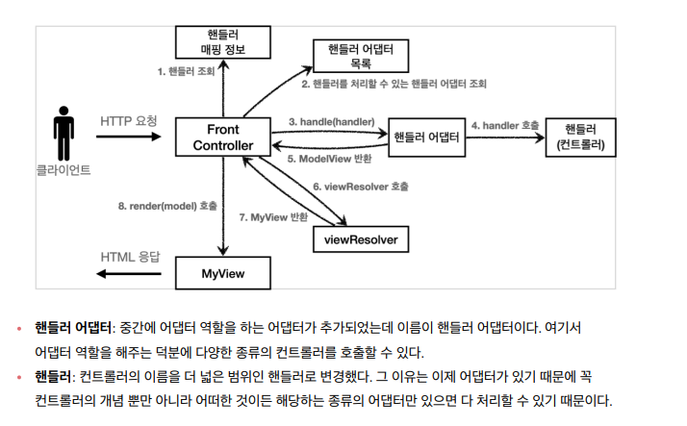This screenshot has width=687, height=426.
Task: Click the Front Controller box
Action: coord(223,137)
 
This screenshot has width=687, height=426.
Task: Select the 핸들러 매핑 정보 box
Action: coord(223,41)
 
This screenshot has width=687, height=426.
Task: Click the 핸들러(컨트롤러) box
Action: coord(580,137)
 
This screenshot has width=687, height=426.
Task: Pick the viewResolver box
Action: coord(361,238)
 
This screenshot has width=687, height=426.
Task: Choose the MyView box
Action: coord(223,273)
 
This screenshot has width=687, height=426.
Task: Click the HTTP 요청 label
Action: coord(128,121)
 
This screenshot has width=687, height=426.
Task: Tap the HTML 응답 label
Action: coord(131,257)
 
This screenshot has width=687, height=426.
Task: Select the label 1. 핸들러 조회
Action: coord(186,71)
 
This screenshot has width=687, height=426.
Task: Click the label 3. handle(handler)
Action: coord(332,122)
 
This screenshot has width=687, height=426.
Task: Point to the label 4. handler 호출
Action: coord(504,125)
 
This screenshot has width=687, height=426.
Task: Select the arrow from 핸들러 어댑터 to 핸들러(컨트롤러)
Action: coord(504,138)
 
